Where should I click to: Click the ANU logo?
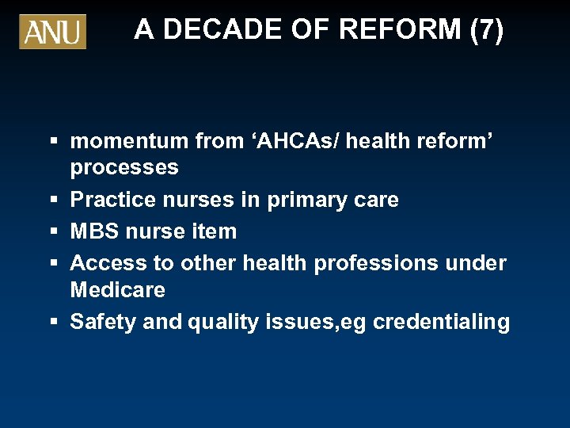[52, 32]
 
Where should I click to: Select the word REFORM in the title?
[400, 30]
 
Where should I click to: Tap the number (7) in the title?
[486, 30]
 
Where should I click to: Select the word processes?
[124, 168]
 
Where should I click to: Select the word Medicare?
[118, 290]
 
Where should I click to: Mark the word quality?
[220, 322]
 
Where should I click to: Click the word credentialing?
[441, 322]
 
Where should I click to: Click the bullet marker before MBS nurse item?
[54, 232]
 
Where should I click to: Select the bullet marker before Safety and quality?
[54, 323]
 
